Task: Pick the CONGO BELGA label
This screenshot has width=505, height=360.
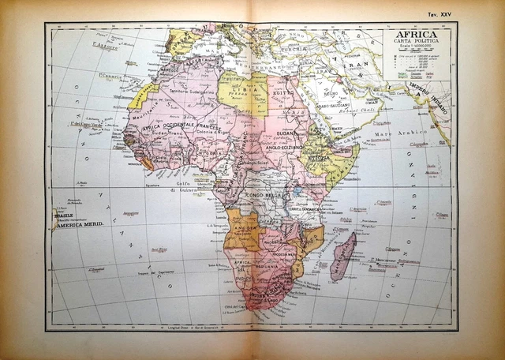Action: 267,192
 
